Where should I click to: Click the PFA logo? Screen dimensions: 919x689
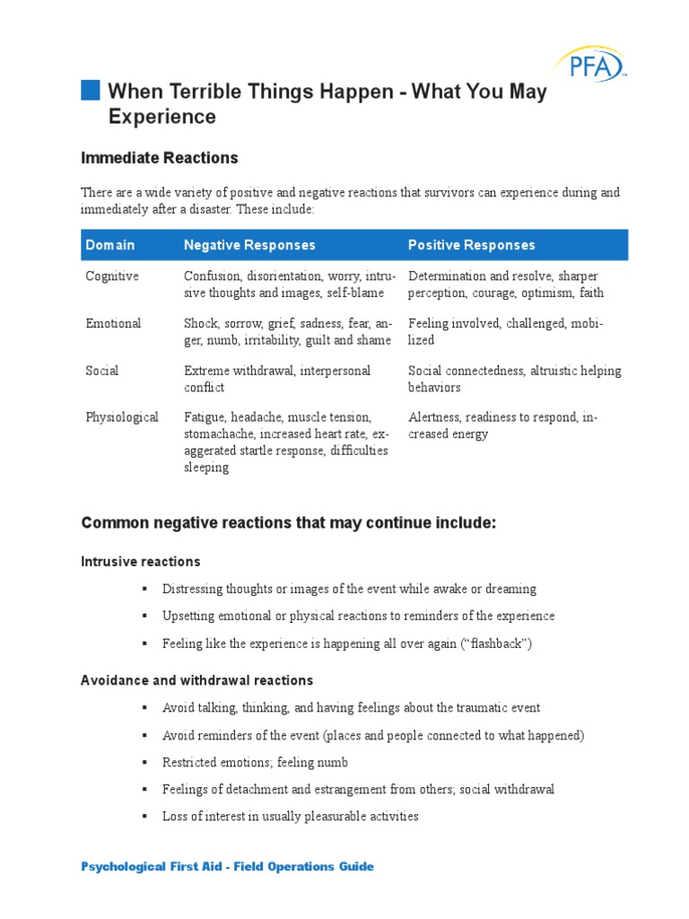tap(588, 66)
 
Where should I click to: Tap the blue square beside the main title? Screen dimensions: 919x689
tap(91, 90)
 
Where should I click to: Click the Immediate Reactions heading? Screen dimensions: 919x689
tap(160, 158)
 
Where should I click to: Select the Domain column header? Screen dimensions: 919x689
tap(110, 245)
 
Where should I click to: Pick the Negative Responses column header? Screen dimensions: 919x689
tap(249, 245)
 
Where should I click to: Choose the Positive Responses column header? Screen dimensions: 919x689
tap(471, 245)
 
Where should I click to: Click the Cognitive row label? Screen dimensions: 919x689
tap(112, 276)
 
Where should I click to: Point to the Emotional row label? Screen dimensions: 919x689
tap(113, 323)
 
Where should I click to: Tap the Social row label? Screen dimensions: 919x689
tap(101, 371)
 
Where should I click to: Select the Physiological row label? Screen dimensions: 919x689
tap(122, 417)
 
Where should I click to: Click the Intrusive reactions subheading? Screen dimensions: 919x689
tap(141, 562)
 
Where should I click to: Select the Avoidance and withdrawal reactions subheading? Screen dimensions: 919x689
tap(197, 681)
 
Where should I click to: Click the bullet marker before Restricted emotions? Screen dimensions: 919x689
tap(143, 763)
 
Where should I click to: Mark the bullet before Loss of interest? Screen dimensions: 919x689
tap(143, 817)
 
